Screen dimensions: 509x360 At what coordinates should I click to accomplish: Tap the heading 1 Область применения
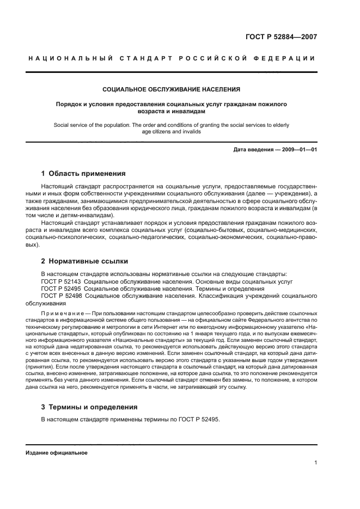83,174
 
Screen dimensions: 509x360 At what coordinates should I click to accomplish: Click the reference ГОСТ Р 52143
61,281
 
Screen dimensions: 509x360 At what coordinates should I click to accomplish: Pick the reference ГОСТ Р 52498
61,296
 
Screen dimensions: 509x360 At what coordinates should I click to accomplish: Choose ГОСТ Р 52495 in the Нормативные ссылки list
61,289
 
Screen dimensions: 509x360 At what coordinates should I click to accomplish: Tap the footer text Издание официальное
57,452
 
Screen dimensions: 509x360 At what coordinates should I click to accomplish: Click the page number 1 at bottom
315,463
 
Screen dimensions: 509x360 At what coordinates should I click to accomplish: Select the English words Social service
72,125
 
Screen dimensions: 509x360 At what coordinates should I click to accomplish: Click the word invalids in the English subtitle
191,131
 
